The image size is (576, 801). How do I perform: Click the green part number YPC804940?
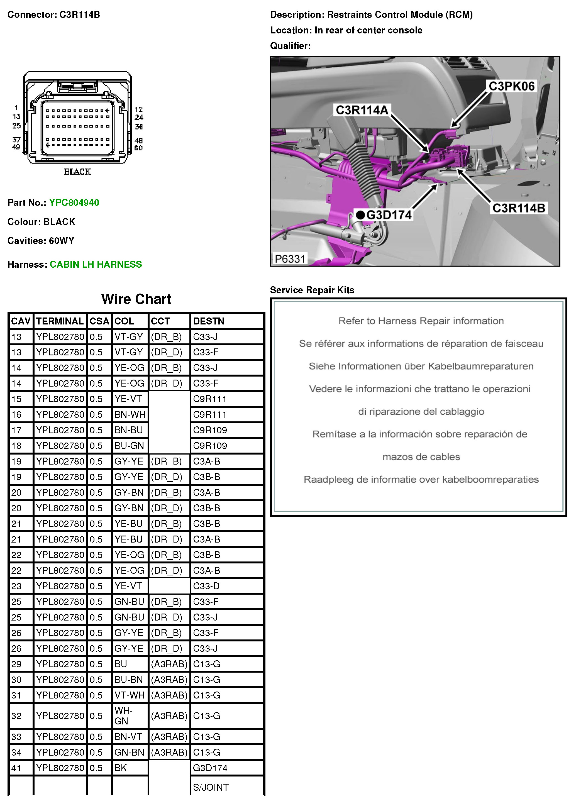click(74, 202)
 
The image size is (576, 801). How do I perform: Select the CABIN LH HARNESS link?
click(96, 264)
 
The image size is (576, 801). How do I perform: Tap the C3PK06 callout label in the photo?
click(511, 86)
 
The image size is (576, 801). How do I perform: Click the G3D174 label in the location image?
click(389, 215)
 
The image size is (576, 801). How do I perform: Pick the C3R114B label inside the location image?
click(518, 208)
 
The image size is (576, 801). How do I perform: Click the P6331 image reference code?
click(290, 259)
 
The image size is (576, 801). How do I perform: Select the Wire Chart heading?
click(136, 299)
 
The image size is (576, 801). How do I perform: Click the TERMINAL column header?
click(60, 321)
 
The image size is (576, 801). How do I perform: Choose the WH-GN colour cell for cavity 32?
click(124, 715)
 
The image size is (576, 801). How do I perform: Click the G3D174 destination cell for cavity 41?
click(210, 768)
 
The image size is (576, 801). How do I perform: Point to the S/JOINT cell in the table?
click(211, 787)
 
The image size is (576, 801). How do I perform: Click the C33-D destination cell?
click(206, 586)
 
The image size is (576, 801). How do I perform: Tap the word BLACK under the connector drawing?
click(77, 172)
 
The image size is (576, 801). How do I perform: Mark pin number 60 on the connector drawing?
click(138, 148)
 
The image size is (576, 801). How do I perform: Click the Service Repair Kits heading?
click(312, 290)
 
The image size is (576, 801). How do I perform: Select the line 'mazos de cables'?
click(421, 457)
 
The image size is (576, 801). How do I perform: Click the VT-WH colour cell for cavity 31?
click(129, 695)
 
